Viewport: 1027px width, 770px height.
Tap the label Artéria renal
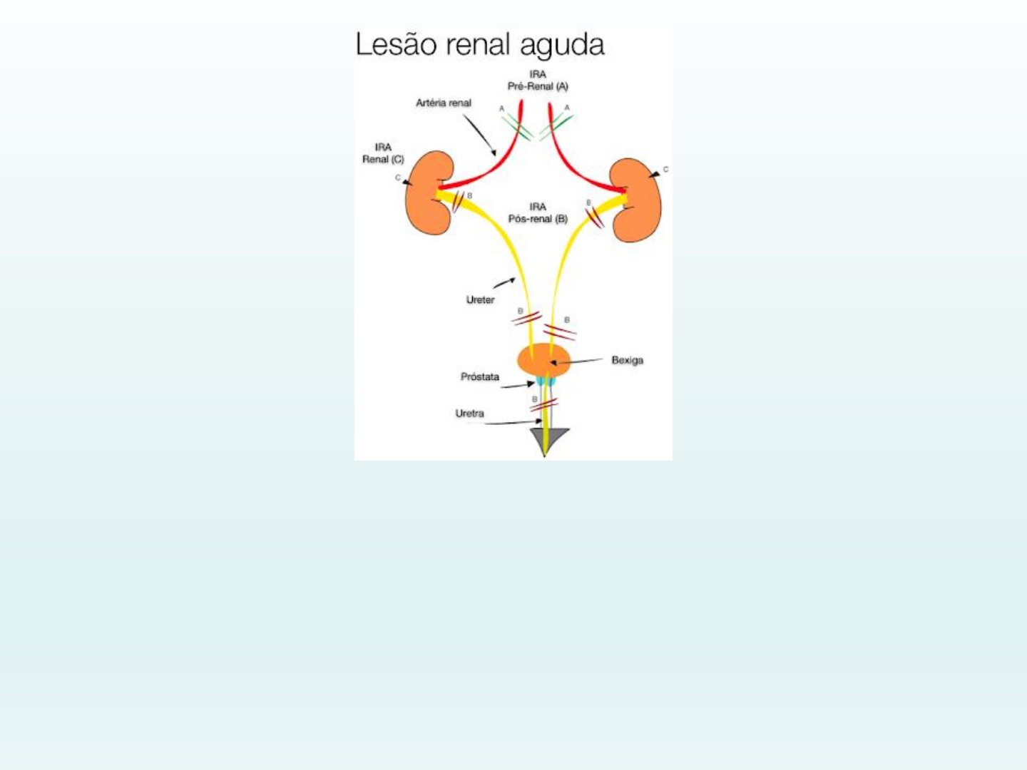(444, 103)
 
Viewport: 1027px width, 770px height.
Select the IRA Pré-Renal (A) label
(538, 80)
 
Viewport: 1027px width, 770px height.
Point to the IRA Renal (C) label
(383, 153)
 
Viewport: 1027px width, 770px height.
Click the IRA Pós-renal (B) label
(538, 212)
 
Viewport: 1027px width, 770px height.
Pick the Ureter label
(480, 300)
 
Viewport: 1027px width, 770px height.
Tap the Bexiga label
(627, 360)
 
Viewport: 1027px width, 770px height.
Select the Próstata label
(480, 376)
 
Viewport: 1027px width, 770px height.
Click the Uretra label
(469, 414)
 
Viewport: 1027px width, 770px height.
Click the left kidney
(429, 192)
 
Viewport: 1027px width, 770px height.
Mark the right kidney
(637, 200)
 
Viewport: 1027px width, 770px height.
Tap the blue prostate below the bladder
(546, 382)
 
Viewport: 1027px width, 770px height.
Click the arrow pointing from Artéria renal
(480, 135)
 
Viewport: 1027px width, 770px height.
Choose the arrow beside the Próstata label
(518, 386)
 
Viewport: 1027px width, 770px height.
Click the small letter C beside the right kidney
(666, 170)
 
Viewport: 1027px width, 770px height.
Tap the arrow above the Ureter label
(504, 282)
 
